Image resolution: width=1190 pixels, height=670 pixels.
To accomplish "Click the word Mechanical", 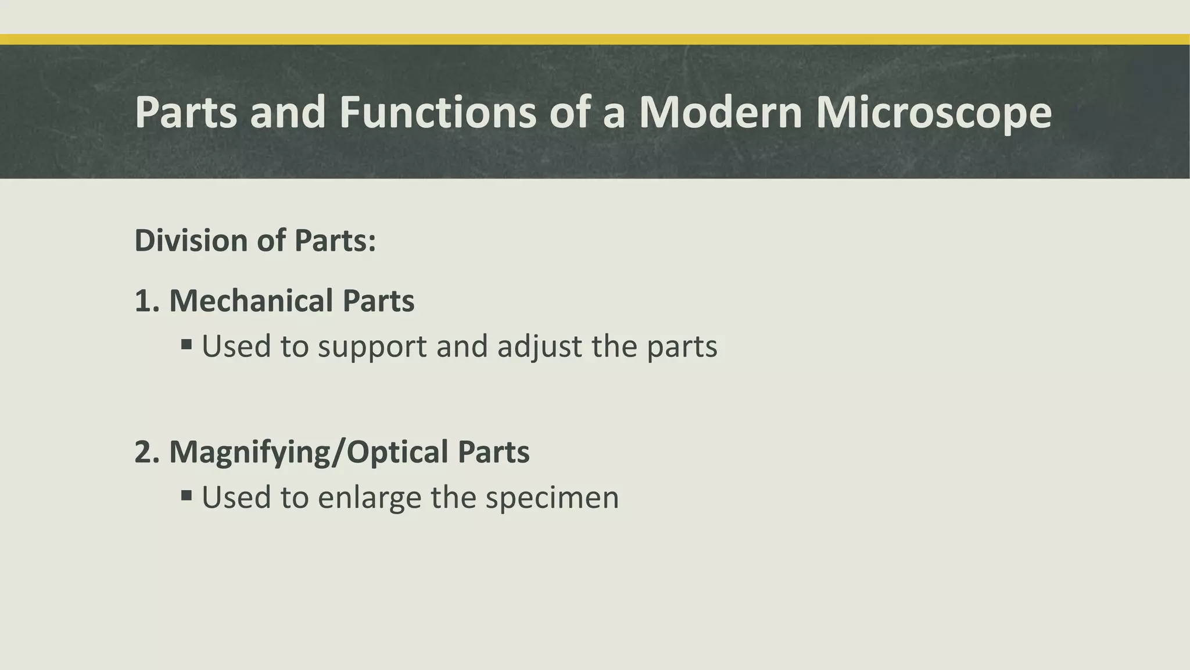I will point(251,301).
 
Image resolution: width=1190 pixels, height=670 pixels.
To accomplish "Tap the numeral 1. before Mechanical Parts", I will point(146,301).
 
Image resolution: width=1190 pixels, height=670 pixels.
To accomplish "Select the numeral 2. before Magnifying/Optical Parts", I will point(146,452).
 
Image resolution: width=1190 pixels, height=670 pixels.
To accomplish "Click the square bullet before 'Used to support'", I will point(187,345).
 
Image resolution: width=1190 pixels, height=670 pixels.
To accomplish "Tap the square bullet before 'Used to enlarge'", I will point(187,496).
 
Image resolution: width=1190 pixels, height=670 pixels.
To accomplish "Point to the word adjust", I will point(539,347).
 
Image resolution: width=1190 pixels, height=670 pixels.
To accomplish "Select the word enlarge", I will point(369,498).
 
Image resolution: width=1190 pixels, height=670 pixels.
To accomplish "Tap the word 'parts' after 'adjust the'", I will point(682,347).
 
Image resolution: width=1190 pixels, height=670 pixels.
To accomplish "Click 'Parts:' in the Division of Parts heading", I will point(335,240).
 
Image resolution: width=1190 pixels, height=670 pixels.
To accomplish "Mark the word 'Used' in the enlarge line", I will point(236,497).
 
